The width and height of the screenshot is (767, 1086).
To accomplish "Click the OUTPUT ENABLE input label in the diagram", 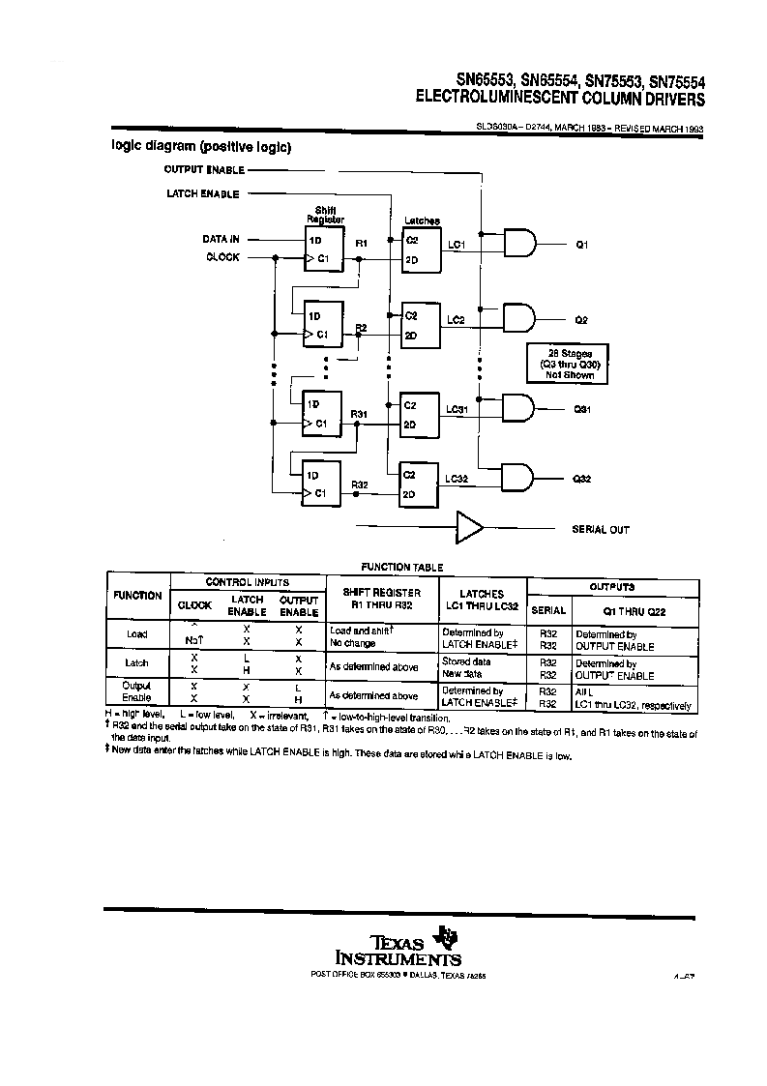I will coord(203,169).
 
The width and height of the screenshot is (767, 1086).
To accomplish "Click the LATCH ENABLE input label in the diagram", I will coord(203,194).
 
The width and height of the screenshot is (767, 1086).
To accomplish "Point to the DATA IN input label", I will coord(221,239).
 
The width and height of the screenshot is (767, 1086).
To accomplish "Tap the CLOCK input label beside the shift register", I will coord(222,257).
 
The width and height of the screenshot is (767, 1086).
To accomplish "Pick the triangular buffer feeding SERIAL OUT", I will coord(470,528).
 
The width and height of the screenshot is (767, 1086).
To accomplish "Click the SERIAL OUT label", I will coord(601,530).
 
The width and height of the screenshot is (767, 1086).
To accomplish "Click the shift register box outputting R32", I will coord(322,483).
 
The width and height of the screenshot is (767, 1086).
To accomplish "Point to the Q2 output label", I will coord(581,319).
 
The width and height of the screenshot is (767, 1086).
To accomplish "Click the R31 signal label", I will coord(359,414).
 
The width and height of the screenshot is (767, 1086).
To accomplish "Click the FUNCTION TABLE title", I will coord(402,568).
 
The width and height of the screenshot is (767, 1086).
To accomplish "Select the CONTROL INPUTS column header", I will coord(247,582).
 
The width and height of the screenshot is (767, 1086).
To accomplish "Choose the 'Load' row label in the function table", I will coord(137,634).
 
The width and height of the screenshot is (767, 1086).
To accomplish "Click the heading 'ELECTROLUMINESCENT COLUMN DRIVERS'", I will coord(560,99).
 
